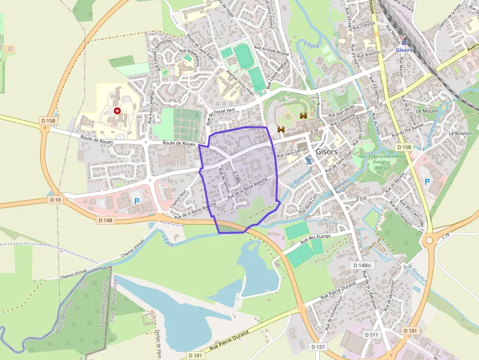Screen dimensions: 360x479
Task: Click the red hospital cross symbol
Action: click(x=117, y=111)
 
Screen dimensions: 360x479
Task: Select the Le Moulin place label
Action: click(x=427, y=111)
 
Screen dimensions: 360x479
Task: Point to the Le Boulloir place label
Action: click(x=460, y=133)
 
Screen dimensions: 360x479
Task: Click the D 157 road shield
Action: click(x=318, y=347)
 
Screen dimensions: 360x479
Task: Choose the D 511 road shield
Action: click(x=372, y=335)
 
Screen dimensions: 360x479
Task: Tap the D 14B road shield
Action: click(x=106, y=220)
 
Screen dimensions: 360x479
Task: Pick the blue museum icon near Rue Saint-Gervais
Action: click(x=307, y=161)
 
